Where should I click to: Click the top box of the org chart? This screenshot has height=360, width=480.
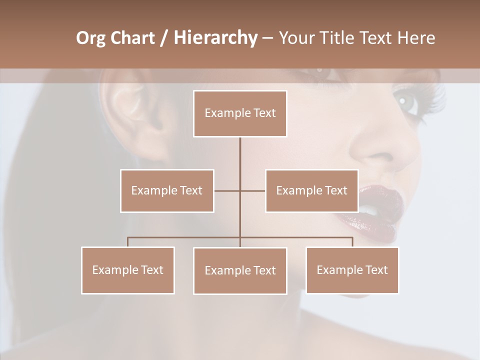240,113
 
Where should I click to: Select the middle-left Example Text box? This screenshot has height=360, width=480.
167,190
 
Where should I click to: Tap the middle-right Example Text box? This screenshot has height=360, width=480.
311,190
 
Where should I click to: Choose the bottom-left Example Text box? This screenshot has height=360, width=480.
128,270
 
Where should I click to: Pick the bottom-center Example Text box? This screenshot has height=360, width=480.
240,270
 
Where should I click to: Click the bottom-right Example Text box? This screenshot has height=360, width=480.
352,270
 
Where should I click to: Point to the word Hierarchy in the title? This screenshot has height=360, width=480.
215,38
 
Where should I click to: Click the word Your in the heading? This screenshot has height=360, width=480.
298,38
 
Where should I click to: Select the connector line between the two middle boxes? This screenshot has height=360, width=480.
240,190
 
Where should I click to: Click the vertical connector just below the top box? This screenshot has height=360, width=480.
240,150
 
